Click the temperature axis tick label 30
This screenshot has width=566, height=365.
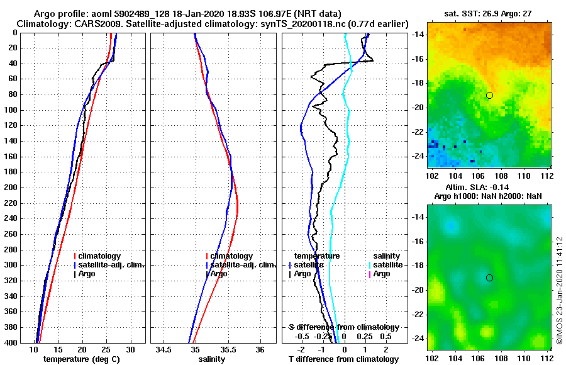tap(131, 349)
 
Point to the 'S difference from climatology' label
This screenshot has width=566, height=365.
tap(343, 327)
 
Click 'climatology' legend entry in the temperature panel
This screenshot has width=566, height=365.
tap(99, 256)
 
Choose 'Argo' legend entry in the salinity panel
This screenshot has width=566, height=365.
tap(218, 274)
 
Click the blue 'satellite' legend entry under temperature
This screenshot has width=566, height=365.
tap(309, 265)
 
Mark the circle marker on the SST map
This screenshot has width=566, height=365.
tap(489, 95)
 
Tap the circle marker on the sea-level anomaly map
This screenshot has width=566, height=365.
tap(489, 278)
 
